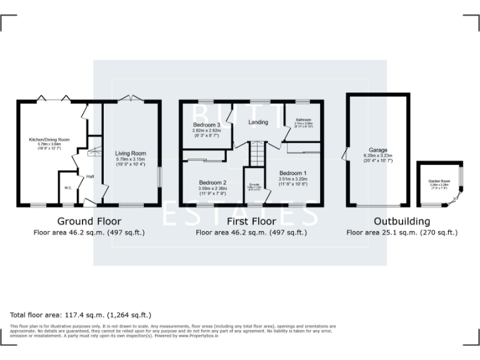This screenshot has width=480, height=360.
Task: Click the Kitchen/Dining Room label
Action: [49, 139]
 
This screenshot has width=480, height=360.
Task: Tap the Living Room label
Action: [131, 153]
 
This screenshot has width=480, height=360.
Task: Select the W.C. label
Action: [67, 187]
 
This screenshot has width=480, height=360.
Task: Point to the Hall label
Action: [90, 177]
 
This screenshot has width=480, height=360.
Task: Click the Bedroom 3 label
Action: [206, 125]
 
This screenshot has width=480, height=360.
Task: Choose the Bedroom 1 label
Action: [292, 173]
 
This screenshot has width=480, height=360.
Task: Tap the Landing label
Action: [258, 122]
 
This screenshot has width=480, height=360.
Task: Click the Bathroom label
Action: [304, 119]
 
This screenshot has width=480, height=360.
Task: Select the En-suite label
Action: [254, 184]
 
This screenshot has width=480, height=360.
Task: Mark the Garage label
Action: [377, 150]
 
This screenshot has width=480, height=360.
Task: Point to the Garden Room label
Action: [439, 181]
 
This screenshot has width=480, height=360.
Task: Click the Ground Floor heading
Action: [89, 221]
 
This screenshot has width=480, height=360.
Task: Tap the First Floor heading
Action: [251, 221]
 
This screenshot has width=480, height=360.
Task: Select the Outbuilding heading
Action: [401, 221]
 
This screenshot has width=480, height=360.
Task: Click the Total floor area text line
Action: [81, 315]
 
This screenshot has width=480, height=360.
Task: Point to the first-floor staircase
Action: [258, 153]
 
